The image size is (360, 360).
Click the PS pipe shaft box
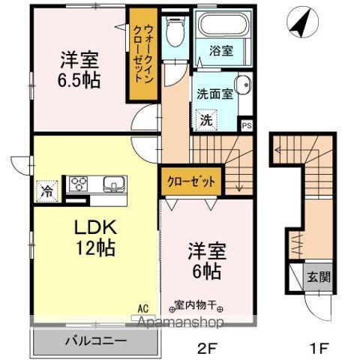[x=247, y=125]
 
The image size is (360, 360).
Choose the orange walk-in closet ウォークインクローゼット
[x=142, y=54]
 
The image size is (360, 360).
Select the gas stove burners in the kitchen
[x=79, y=184]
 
